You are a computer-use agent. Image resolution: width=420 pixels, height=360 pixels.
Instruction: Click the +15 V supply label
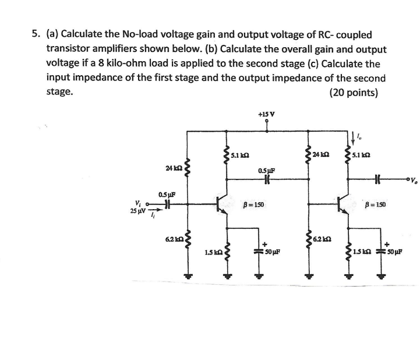(x=266, y=114)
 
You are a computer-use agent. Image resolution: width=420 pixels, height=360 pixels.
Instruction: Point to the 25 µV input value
(x=138, y=211)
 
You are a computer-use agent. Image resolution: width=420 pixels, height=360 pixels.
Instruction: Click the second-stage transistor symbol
(x=344, y=204)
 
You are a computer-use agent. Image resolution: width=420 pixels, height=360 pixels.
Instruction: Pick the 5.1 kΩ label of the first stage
(x=241, y=156)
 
